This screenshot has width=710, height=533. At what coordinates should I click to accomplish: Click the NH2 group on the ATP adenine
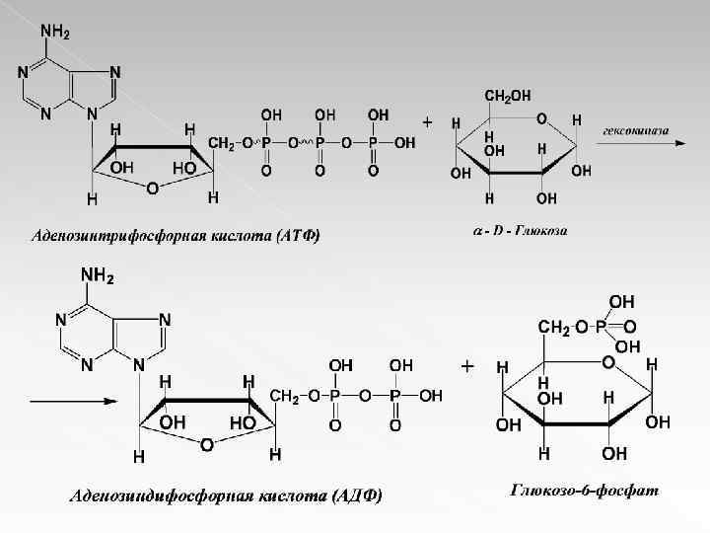[54, 32]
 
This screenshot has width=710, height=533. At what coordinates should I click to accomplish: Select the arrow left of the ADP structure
[65, 403]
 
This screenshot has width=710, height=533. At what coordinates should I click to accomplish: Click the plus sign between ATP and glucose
[427, 122]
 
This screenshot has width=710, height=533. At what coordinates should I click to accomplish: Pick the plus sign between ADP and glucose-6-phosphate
[466, 365]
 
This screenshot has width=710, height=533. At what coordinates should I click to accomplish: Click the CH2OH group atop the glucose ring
[507, 95]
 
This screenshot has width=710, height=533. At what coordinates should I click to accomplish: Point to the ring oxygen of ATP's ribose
[150, 188]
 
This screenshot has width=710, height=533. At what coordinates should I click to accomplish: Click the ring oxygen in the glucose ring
[541, 117]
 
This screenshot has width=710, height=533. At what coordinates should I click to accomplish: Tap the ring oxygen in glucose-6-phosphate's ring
[607, 362]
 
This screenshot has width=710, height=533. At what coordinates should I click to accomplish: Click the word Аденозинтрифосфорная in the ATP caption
[108, 235]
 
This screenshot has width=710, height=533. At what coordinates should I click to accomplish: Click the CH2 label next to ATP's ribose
[223, 145]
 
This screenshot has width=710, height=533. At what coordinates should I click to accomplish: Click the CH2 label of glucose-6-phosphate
[552, 327]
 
